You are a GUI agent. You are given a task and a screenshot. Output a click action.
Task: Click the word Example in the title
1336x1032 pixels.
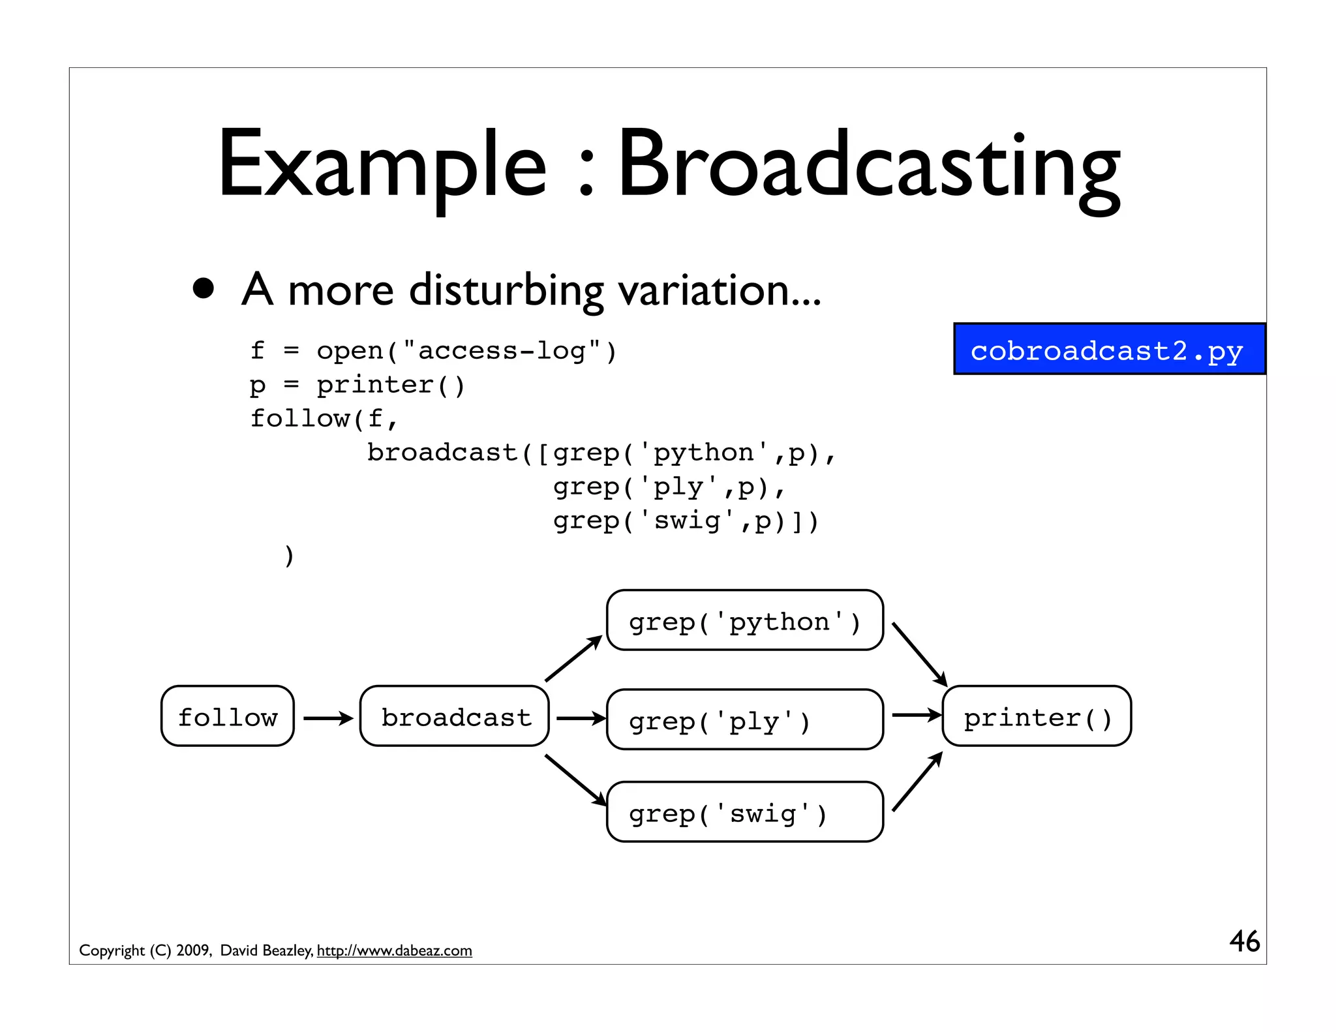pyautogui.click(x=382, y=166)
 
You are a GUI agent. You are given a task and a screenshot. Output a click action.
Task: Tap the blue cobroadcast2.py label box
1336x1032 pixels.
pyautogui.click(x=1108, y=350)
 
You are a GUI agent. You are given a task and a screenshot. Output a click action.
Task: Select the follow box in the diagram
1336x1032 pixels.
pyautogui.click(x=228, y=716)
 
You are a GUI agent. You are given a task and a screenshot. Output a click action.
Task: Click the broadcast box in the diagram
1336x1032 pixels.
pyautogui.click(x=455, y=716)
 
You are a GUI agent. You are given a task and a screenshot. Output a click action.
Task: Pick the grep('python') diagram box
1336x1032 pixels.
pyautogui.click(x=744, y=620)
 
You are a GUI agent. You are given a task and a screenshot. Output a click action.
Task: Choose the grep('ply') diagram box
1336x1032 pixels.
pyautogui.click(x=744, y=720)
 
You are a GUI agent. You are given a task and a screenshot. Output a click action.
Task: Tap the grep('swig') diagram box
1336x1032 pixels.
pyautogui.click(x=744, y=812)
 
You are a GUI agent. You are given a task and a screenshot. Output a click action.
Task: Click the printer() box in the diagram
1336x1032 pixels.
pyautogui.click(x=1037, y=716)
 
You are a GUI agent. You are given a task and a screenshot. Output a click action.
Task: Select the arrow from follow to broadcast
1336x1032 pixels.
pyautogui.click(x=327, y=718)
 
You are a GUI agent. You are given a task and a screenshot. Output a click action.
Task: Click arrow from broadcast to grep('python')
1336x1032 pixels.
pyautogui.click(x=573, y=659)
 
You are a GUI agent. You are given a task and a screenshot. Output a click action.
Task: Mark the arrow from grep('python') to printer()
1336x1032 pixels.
pyautogui.click(x=919, y=654)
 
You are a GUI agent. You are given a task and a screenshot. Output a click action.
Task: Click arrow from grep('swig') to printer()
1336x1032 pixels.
pyautogui.click(x=917, y=782)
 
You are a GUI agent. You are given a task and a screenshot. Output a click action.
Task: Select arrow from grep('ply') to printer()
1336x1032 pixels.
pyautogui.click(x=916, y=716)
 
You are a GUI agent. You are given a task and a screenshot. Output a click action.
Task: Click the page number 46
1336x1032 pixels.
pyautogui.click(x=1244, y=941)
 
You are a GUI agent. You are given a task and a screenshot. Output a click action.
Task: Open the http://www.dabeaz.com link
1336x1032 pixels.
pyautogui.click(x=394, y=950)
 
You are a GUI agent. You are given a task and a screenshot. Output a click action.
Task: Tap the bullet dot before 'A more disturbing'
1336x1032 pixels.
pyautogui.click(x=204, y=288)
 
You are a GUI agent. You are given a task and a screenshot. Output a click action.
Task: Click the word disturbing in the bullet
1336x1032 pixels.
pyautogui.click(x=506, y=290)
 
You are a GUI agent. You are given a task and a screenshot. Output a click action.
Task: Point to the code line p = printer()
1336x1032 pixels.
pyautogui.click(x=357, y=385)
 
